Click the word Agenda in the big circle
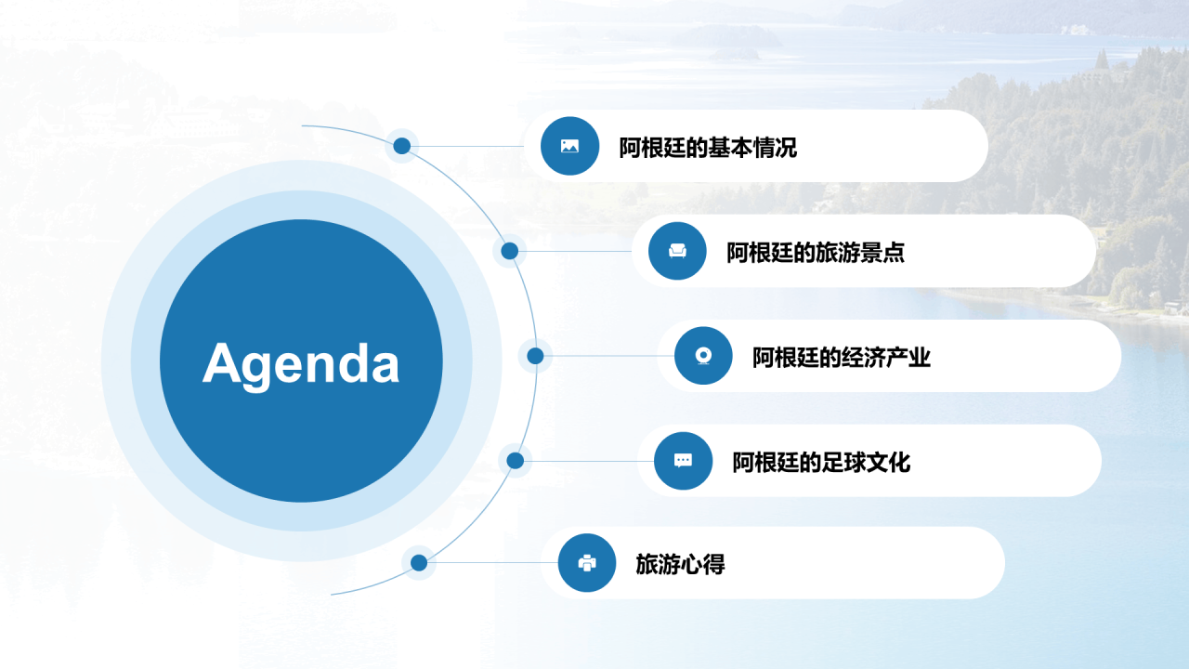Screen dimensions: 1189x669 pyautogui.click(x=301, y=363)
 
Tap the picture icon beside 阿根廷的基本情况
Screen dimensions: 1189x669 pyautogui.click(x=569, y=146)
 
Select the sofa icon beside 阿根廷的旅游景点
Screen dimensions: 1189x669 pyautogui.click(x=677, y=251)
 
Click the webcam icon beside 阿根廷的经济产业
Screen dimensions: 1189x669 pyautogui.click(x=703, y=356)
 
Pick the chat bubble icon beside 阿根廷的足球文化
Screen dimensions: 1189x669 pyautogui.click(x=683, y=460)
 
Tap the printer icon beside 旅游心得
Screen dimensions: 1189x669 pyautogui.click(x=586, y=563)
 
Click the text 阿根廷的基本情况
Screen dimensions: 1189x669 pyautogui.click(x=708, y=148)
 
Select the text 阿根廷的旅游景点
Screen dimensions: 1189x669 pyautogui.click(x=816, y=252)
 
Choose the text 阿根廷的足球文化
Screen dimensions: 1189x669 pyautogui.click(x=821, y=462)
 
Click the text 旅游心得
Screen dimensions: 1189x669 pyautogui.click(x=680, y=564)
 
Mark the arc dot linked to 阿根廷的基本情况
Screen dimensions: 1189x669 pyautogui.click(x=402, y=146)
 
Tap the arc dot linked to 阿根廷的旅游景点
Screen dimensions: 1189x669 pyautogui.click(x=510, y=251)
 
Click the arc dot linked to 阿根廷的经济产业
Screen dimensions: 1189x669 pyautogui.click(x=535, y=356)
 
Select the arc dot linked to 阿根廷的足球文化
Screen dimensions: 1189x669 pyautogui.click(x=515, y=460)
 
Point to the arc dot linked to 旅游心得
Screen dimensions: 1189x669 pyautogui.click(x=419, y=563)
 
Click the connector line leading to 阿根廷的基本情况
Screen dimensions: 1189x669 pyautogui.click(x=467, y=146)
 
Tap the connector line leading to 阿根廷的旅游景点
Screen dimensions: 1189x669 pyautogui.click(x=575, y=251)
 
